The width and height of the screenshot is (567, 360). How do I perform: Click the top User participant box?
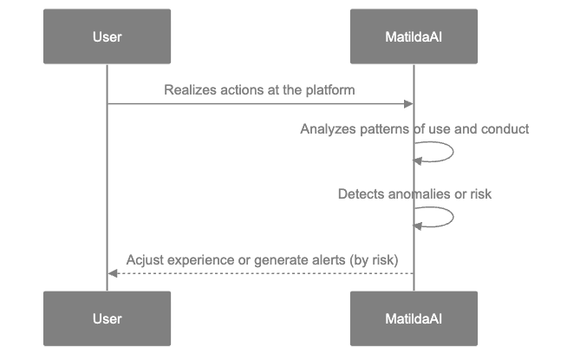tap(107, 36)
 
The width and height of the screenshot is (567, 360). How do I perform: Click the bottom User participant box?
tap(107, 318)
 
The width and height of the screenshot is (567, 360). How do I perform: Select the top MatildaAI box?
tap(414, 36)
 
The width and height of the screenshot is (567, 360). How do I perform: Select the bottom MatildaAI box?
tap(414, 318)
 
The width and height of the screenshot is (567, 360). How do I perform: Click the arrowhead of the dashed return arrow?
tap(112, 273)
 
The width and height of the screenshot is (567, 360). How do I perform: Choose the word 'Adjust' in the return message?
tap(143, 259)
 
